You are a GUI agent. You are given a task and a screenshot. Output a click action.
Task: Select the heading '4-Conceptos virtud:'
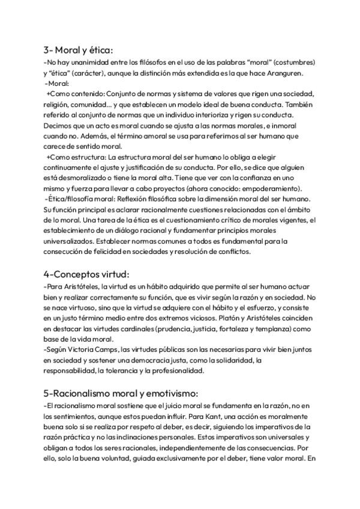(86, 275)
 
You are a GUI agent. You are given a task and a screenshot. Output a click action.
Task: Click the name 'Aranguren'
(285, 73)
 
